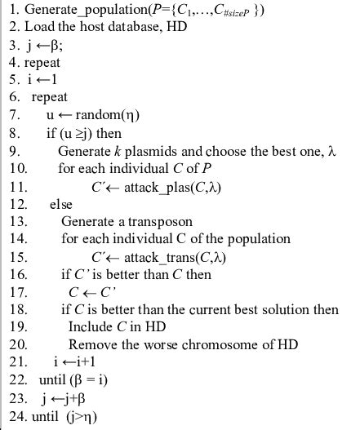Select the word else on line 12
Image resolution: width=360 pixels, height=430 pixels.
[x=60, y=203]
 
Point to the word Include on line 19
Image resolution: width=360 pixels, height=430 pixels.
[x=92, y=326]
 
